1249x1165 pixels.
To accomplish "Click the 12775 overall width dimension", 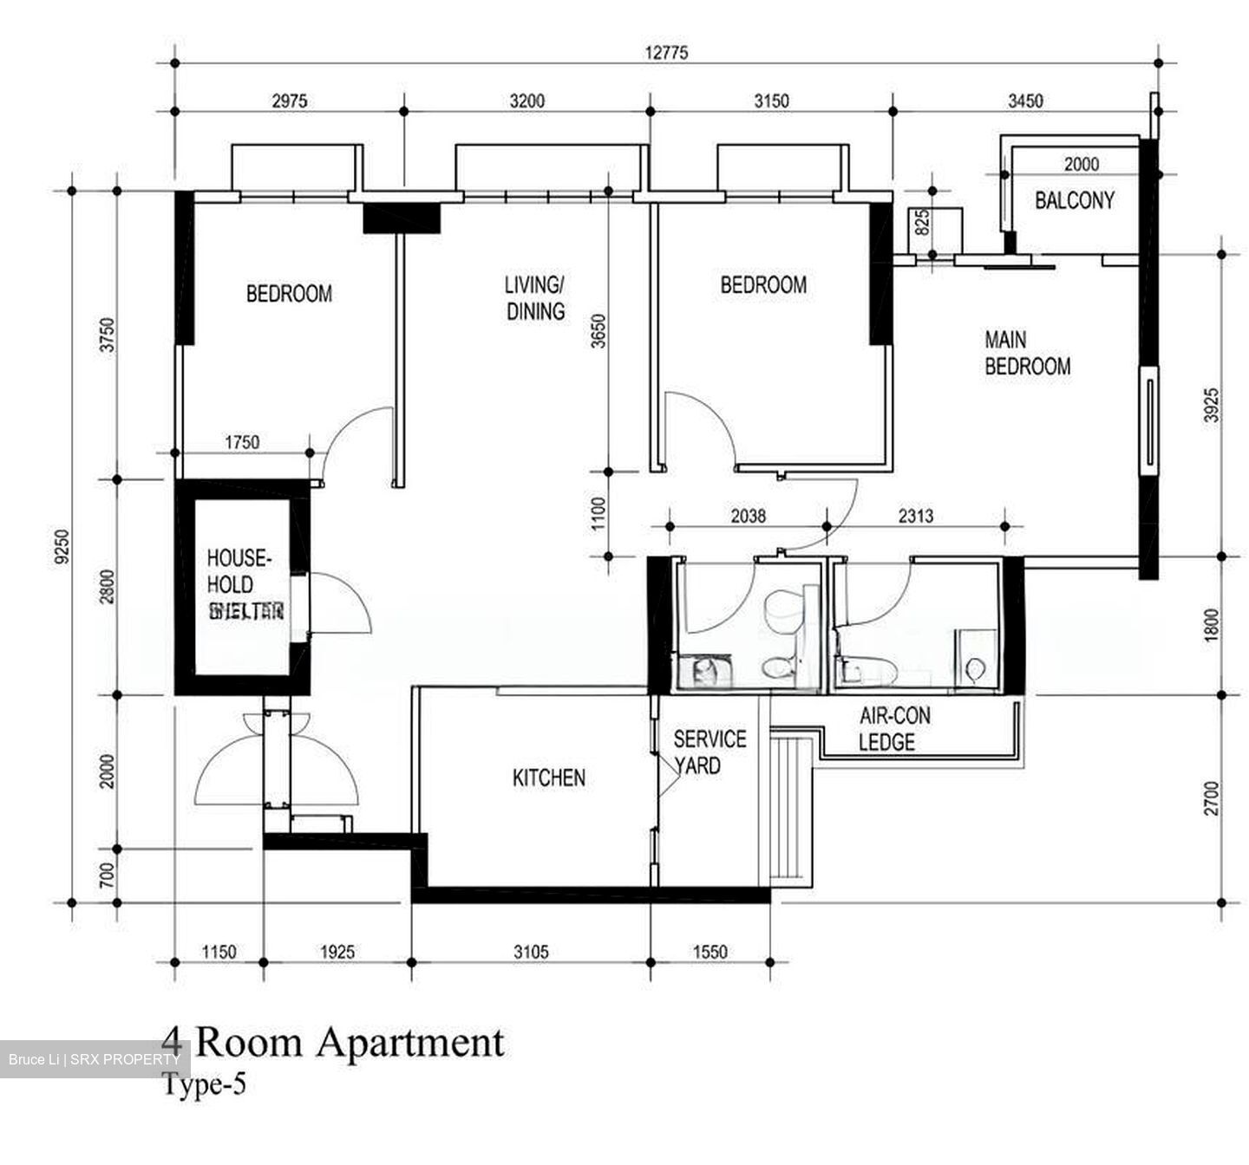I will tap(665, 53).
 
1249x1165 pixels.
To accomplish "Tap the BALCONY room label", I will tap(1074, 200).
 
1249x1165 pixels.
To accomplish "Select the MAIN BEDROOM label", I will tap(1027, 353).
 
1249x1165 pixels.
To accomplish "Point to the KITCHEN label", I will tap(548, 778).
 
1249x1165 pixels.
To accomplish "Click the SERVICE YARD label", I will tap(709, 752).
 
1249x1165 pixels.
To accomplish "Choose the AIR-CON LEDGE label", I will tap(893, 728).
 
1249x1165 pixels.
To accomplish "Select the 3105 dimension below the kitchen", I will tap(530, 952).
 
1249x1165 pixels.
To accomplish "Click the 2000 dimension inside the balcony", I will tap(1081, 164).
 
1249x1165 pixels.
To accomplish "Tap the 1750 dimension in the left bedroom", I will tap(242, 442).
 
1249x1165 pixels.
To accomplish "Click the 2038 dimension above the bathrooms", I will tap(748, 516).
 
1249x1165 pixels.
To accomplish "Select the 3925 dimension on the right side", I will tap(1212, 405).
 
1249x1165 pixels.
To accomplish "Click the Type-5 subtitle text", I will tap(204, 1084).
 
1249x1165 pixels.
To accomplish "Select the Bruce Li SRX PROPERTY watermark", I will tap(94, 1059).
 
